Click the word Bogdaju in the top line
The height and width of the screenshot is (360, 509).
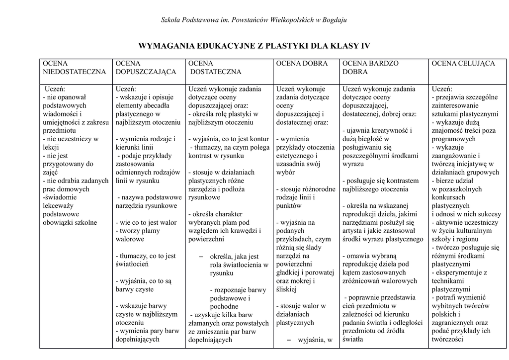(335, 20)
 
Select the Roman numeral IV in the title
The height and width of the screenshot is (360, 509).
(365, 46)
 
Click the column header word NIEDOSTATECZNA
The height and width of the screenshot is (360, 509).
(74, 72)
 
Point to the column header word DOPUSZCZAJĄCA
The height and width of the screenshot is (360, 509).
(146, 72)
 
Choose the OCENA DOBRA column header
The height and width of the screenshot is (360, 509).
(302, 64)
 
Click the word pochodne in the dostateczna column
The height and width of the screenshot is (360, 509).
(224, 306)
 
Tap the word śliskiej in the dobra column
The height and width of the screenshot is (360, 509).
(286, 289)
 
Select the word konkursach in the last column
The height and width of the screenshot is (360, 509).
(449, 197)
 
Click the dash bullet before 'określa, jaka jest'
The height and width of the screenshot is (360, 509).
(201, 256)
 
